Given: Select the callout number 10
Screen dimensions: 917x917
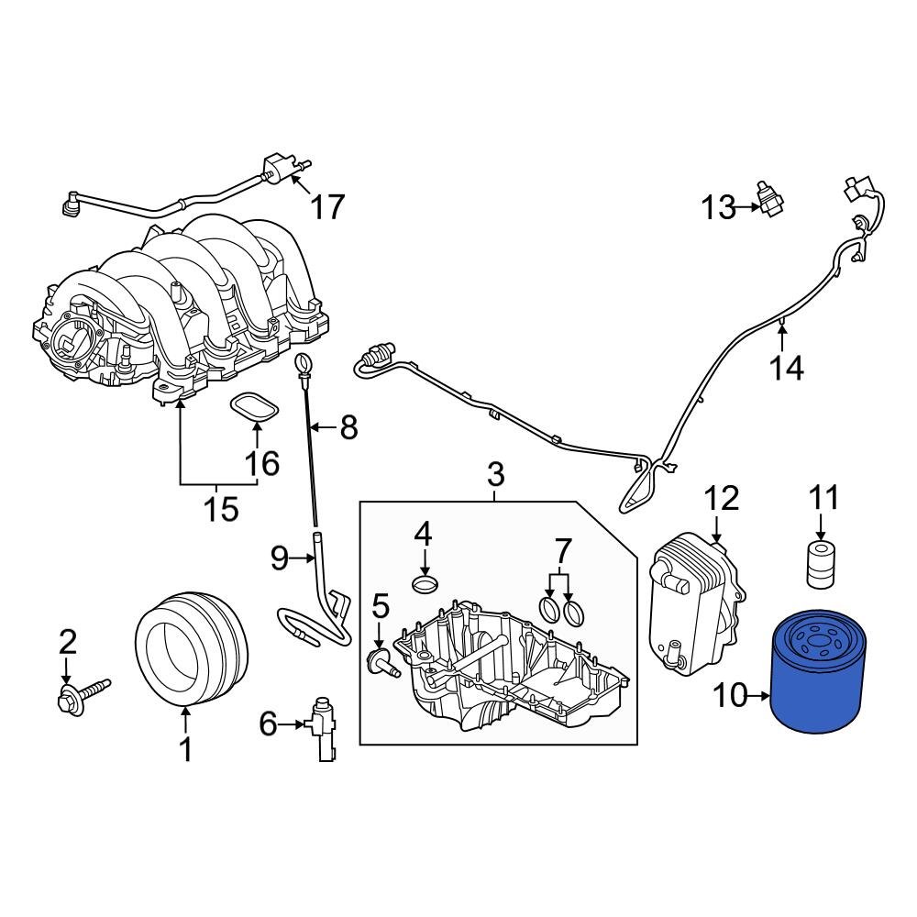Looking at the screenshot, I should (731, 697).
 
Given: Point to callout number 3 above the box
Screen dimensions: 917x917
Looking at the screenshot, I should (494, 475).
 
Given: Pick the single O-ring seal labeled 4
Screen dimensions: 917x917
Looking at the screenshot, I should (425, 584).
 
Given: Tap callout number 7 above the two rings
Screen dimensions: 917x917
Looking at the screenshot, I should (561, 551).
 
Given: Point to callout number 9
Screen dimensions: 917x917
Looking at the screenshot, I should (279, 556).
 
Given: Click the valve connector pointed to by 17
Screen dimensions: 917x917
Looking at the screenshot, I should (275, 167).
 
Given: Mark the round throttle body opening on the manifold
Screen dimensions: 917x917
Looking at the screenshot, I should (71, 339).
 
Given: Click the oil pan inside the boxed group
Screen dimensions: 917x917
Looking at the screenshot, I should (514, 669).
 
